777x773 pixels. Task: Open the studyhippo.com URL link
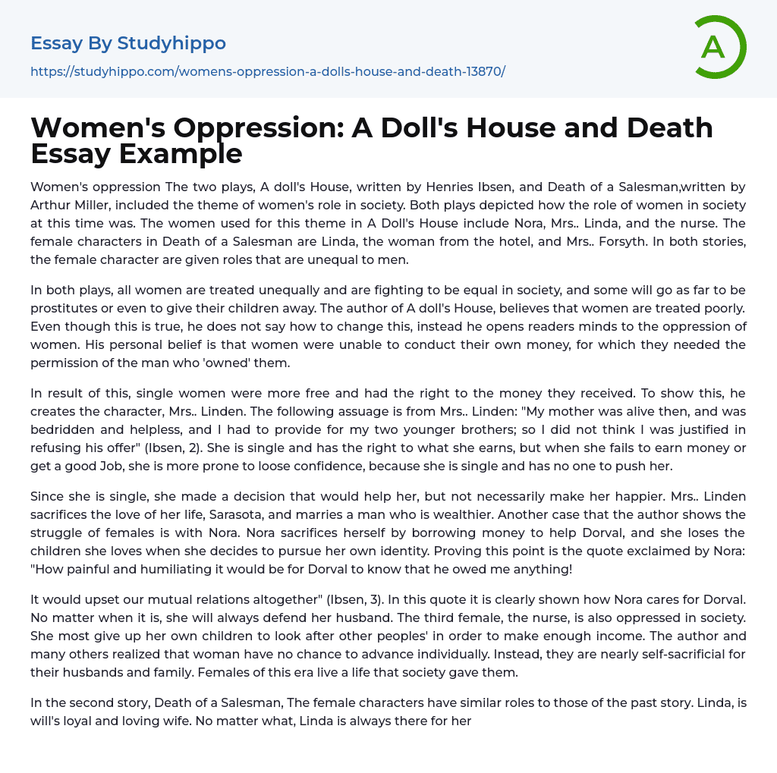click(268, 71)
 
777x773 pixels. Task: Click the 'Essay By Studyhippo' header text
click(128, 43)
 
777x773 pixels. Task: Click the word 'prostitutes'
click(66, 309)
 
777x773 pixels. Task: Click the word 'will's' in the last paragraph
click(49, 721)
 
